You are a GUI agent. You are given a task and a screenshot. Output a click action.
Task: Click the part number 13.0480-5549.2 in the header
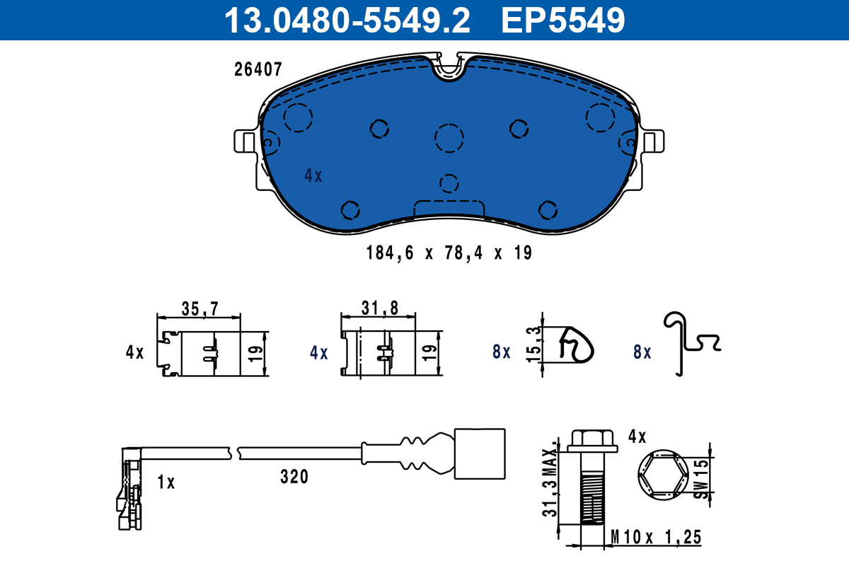coord(347,20)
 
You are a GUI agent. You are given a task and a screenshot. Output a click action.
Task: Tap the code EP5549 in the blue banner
coord(563,20)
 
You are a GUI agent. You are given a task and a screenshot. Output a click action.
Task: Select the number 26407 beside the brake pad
coord(258,69)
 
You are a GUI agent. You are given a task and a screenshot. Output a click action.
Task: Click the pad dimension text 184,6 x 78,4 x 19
coord(449,253)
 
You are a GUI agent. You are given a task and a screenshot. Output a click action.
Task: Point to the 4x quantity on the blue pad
coord(313,176)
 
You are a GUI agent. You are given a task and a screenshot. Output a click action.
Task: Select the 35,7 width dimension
coord(200,308)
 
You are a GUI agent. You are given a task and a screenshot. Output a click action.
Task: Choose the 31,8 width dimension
coord(380,308)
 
